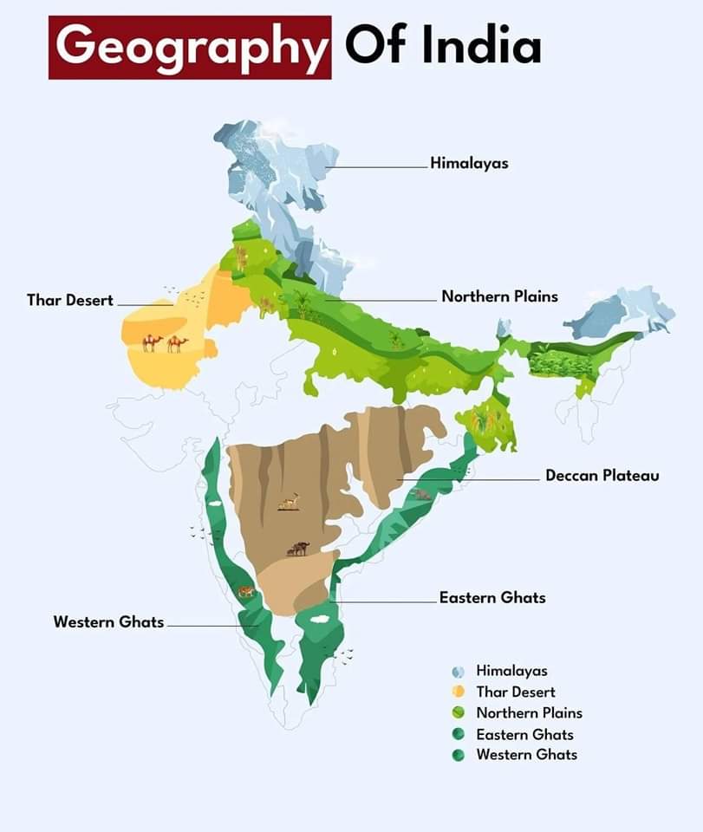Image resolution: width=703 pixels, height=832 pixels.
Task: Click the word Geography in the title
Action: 190,46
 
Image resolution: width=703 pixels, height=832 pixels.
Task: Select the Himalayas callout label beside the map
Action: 469,163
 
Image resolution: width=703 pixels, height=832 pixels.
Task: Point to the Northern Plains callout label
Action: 499,296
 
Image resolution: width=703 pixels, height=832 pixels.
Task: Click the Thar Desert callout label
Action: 70,301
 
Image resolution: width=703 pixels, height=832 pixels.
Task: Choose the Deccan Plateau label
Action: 602,476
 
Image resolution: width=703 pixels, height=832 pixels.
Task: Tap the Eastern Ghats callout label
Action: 492,598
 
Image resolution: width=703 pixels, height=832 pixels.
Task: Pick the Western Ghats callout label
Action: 108,622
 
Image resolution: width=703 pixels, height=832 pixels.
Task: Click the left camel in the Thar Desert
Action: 153,343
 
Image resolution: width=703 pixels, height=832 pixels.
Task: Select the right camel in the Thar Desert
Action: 178,343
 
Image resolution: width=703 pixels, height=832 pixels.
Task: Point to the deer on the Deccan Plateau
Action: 289,501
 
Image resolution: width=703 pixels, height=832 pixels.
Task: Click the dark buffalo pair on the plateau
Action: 298,549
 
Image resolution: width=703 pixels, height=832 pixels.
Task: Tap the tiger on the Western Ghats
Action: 247,593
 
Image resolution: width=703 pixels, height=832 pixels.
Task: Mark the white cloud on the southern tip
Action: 318,620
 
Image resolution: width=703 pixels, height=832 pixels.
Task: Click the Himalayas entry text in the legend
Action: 511,671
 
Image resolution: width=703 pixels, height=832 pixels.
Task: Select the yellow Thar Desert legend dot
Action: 459,692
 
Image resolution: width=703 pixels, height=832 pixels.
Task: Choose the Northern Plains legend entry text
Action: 529,713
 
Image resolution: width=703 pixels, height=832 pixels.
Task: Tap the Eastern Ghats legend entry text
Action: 524,734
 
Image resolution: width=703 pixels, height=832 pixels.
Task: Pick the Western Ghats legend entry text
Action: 526,755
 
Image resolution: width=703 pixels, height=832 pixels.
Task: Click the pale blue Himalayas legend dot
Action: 459,672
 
